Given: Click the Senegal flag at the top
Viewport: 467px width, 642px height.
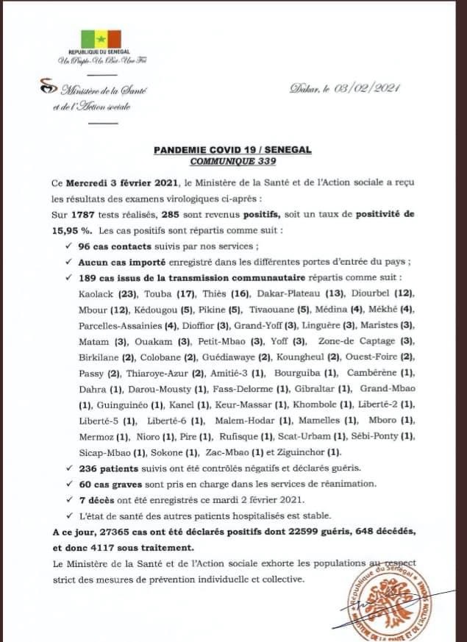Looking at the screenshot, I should point(100,40).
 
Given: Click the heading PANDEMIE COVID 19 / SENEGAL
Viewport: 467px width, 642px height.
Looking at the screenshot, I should point(232,149).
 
